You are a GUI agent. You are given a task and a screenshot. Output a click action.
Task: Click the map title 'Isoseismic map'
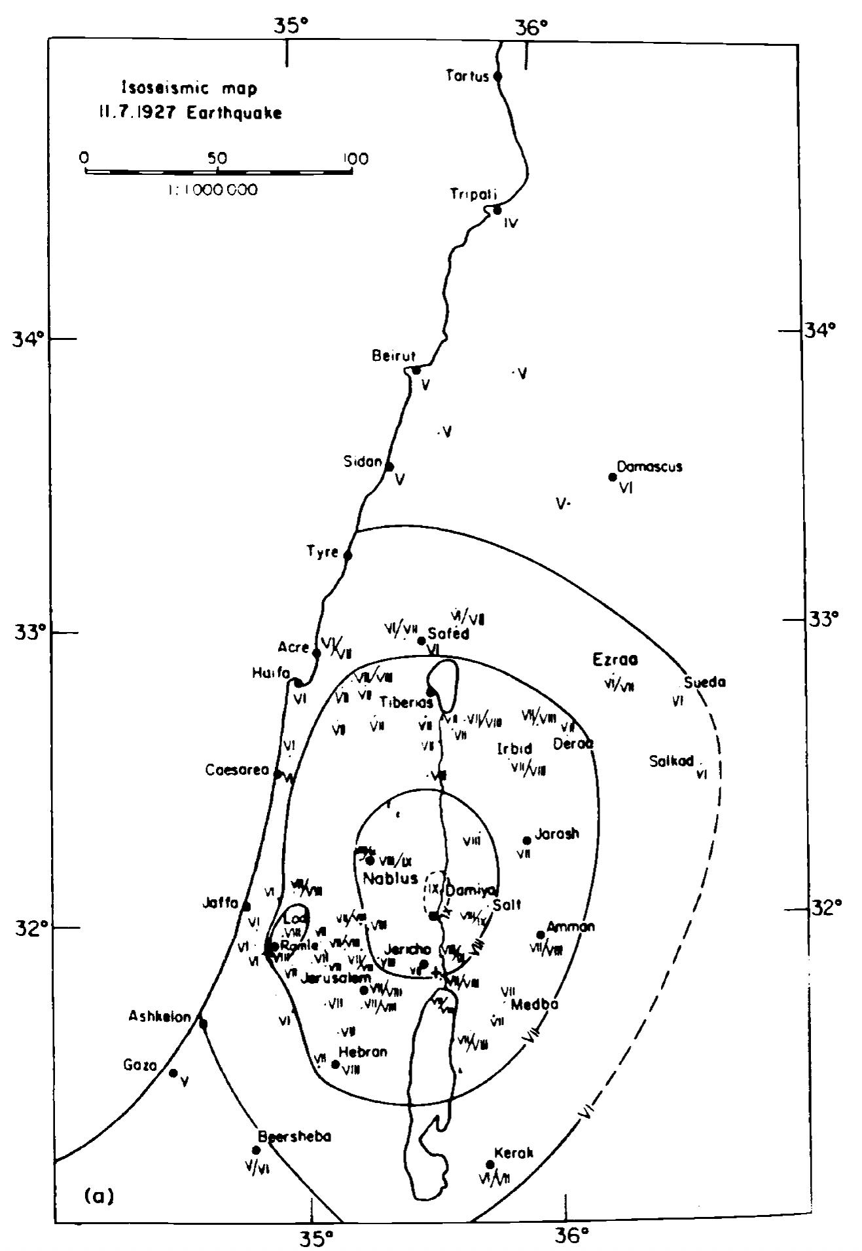click(189, 88)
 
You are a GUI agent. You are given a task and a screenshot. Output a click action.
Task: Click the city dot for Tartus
click(497, 76)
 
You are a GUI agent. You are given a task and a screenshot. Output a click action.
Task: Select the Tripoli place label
click(473, 195)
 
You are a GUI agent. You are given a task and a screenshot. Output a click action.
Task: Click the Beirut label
click(389, 356)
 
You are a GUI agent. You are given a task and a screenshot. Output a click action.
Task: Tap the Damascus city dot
click(613, 477)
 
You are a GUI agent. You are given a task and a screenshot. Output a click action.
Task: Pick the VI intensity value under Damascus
click(625, 488)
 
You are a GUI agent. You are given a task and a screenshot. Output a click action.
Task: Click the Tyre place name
click(323, 552)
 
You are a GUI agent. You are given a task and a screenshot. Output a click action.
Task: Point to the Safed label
click(448, 634)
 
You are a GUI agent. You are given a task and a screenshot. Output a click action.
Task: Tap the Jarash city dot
click(527, 840)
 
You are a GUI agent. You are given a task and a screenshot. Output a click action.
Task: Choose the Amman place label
click(571, 927)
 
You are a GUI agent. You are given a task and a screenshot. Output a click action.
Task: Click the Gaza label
click(141, 1066)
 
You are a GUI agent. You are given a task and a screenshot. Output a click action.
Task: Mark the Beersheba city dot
click(256, 1150)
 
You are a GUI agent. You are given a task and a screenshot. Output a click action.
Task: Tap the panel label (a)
click(99, 1197)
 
